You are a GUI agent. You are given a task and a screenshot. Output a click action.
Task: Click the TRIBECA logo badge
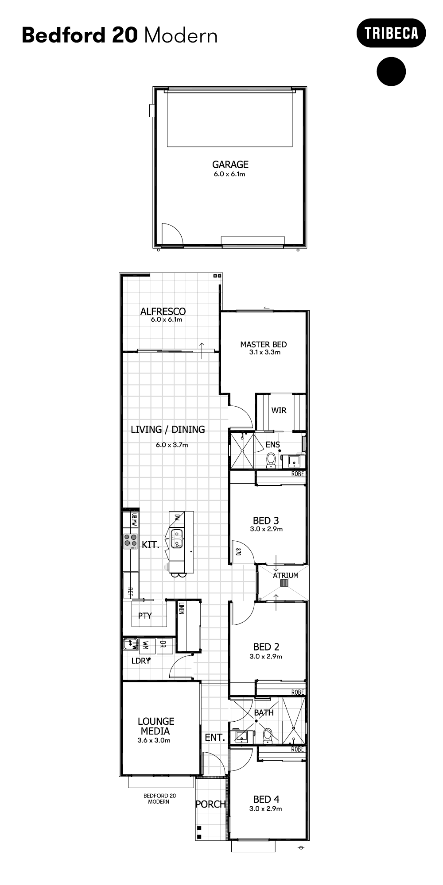point(391,33)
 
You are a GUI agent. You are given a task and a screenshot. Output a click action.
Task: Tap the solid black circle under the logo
point(391,71)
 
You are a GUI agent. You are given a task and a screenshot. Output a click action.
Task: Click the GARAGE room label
point(230,164)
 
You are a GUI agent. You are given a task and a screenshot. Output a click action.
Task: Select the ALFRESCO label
point(163,311)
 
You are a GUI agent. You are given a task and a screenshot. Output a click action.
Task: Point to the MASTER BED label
point(263,344)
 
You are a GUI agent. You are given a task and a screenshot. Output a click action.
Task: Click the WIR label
point(279,410)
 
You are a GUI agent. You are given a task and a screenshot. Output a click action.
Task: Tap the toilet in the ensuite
point(271,460)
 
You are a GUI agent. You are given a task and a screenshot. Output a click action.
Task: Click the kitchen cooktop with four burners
point(130,541)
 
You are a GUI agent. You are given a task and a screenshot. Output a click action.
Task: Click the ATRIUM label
point(285,575)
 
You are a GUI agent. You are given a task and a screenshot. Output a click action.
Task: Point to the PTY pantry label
point(145,616)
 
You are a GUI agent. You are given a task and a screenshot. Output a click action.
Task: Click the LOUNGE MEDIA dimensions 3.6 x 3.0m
point(154,740)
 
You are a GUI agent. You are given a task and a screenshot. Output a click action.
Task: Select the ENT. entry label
point(215,737)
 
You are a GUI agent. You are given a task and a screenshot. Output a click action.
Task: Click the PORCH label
point(211,804)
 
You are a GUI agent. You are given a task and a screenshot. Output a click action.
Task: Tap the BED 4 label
point(266,799)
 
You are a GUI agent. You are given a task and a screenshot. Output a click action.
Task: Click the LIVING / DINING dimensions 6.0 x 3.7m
point(172,445)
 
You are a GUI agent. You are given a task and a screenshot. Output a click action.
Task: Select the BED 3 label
point(266,520)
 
